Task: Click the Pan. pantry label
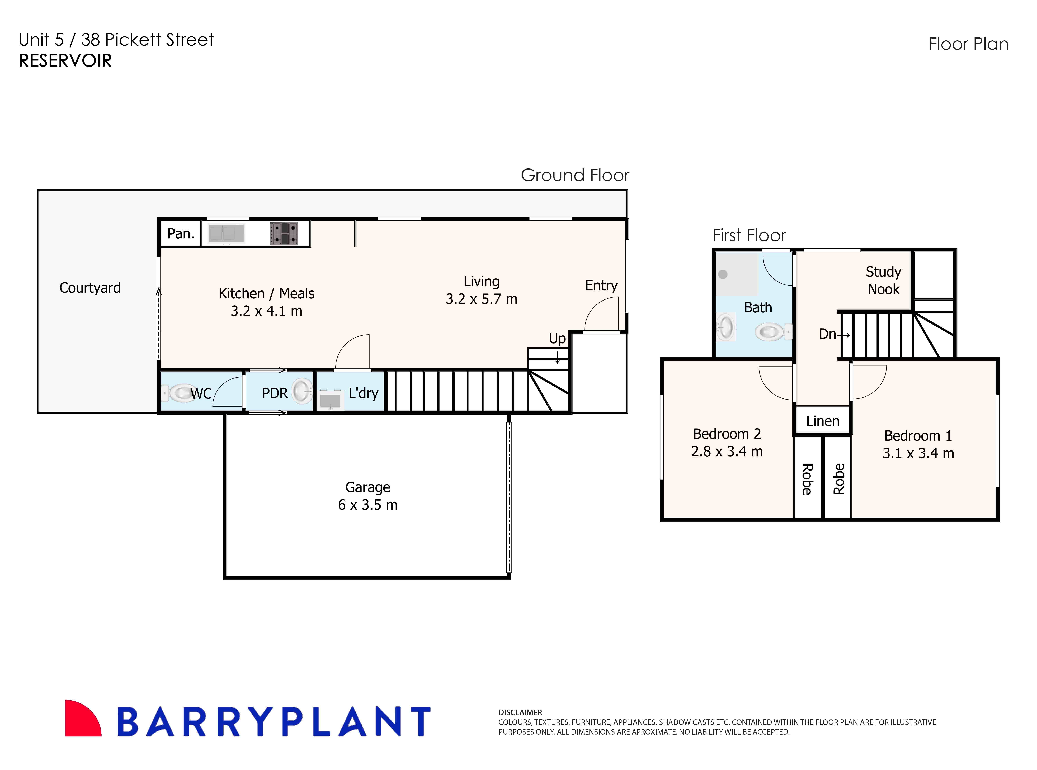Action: click(x=180, y=233)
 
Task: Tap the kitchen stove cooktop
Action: click(x=283, y=233)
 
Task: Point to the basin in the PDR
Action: click(x=302, y=391)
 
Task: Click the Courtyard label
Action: click(x=90, y=288)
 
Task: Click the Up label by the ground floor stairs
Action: click(x=557, y=338)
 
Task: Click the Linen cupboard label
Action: click(x=823, y=421)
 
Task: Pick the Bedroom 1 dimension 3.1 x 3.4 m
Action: click(x=918, y=453)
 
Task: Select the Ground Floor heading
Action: click(x=575, y=175)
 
